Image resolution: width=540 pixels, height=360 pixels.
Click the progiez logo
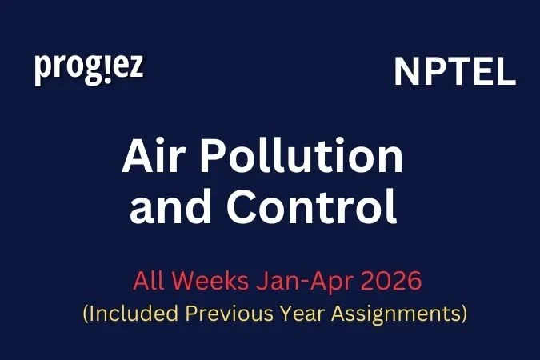click(x=89, y=68)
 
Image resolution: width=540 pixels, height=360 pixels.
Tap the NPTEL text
click(x=454, y=73)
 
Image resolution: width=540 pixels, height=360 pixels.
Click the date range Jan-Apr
click(x=292, y=282)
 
